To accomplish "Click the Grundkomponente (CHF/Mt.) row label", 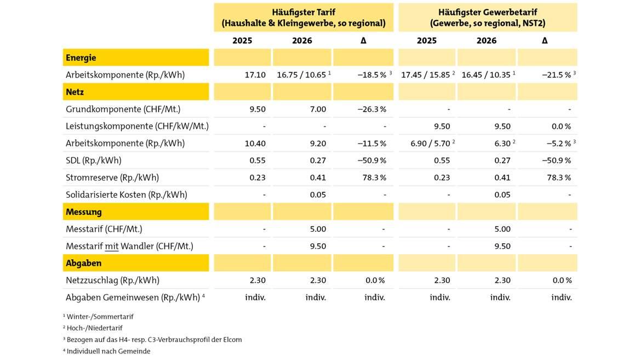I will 123,109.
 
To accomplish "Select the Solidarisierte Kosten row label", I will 126,195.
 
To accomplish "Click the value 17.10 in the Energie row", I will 255,75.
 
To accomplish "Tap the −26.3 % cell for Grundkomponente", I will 372,109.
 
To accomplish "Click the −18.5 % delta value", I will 372,75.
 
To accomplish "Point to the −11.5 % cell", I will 372,143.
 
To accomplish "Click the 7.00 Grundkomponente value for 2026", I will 317,109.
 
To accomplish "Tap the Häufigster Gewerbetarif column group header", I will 488,18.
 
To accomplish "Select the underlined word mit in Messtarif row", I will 112,246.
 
